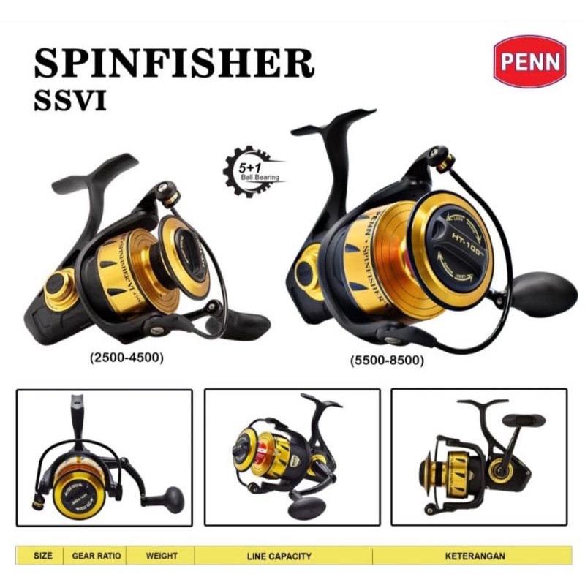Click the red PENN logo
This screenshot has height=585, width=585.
click(529, 61)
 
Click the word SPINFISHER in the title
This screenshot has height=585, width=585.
click(174, 65)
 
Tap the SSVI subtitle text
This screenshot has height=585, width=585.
click(70, 101)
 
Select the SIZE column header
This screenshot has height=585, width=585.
click(43, 556)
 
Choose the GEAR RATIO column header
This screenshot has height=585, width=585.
click(96, 556)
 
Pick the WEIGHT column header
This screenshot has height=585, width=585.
click(162, 556)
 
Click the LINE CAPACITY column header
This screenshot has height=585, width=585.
click(282, 556)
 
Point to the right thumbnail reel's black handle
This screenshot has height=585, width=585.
click(524, 420)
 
